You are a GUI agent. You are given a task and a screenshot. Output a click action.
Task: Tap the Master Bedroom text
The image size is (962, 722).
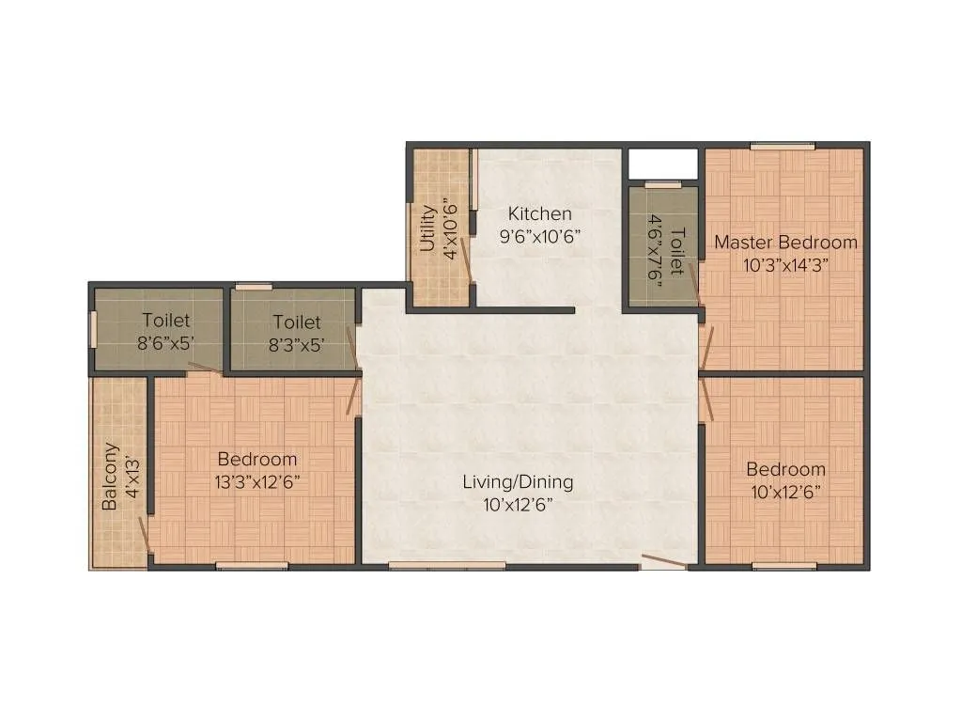(785, 243)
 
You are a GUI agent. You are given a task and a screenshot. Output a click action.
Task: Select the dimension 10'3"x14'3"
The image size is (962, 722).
(785, 265)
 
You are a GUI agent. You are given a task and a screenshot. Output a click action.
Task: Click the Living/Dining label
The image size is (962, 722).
(518, 482)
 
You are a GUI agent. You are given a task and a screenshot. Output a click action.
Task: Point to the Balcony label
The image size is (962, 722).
(111, 476)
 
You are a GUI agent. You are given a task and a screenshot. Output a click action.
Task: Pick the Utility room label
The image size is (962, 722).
(427, 228)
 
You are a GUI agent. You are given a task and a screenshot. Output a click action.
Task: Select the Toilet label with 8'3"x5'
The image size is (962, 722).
(297, 322)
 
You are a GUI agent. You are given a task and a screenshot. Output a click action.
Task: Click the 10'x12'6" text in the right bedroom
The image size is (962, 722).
(785, 492)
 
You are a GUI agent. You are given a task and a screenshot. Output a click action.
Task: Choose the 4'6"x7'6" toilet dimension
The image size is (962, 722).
(653, 248)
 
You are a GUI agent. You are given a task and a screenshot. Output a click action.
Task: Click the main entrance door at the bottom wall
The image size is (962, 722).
(664, 563)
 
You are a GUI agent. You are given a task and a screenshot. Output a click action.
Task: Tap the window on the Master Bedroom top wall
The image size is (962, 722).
(782, 145)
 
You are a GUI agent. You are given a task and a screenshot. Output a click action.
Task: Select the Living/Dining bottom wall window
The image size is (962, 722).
(447, 565)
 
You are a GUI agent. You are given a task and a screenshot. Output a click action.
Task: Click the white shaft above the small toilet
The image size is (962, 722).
(662, 163)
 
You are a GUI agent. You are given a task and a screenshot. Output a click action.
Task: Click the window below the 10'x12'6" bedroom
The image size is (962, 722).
(784, 566)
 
